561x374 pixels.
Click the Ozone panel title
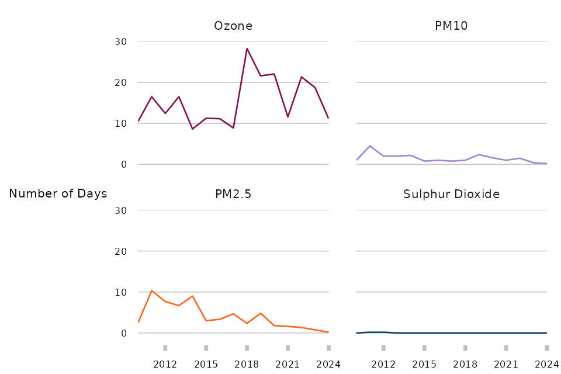[x=233, y=26]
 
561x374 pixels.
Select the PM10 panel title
[x=451, y=26]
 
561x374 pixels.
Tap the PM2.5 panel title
[x=233, y=195]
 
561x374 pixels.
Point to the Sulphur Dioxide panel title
[x=451, y=195]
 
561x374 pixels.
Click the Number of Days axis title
[x=58, y=194]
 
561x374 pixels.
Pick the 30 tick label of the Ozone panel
[x=120, y=42]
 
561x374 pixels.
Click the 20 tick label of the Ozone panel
[x=120, y=83]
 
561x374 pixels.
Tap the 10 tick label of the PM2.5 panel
[x=120, y=292]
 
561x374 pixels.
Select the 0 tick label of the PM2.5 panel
[x=124, y=333]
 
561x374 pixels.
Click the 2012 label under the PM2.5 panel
[x=165, y=365]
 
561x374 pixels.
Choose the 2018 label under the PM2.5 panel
[x=247, y=365]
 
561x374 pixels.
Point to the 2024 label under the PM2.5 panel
[x=328, y=365]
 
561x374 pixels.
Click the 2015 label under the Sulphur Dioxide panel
[x=424, y=365]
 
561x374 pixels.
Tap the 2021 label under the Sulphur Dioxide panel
[x=506, y=365]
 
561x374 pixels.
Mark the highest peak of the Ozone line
[x=247, y=49]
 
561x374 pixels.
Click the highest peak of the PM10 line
[x=370, y=146]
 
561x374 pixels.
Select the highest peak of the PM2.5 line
[x=151, y=290]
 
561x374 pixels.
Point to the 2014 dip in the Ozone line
[x=192, y=129]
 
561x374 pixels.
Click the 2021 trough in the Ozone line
[x=288, y=117]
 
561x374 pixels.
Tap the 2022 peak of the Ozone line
[x=302, y=77]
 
